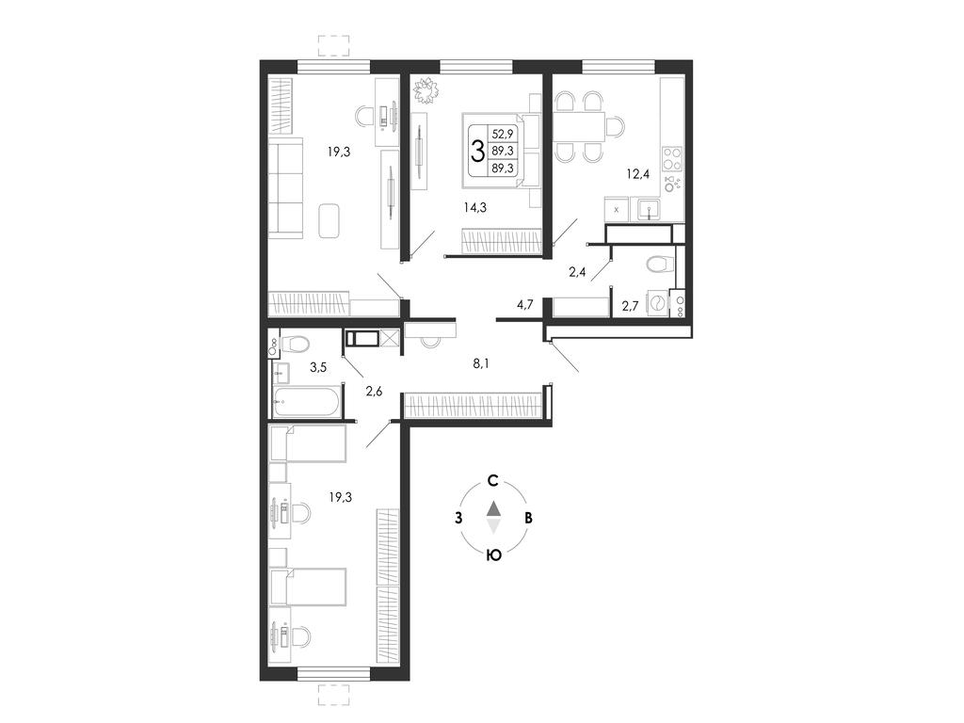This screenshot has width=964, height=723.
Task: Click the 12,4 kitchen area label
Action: [x=637, y=174]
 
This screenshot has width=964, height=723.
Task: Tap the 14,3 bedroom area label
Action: [x=475, y=208]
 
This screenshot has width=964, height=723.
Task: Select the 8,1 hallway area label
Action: [x=481, y=363]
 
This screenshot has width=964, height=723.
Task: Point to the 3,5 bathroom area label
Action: [x=318, y=368]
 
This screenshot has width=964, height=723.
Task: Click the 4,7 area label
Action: [x=524, y=304]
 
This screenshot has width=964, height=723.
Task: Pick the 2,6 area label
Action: [x=374, y=391]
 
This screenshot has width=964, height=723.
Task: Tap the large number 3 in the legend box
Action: [x=477, y=151]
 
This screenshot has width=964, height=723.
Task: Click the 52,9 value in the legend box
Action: [x=503, y=133]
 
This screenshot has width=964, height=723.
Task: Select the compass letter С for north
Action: [x=492, y=481]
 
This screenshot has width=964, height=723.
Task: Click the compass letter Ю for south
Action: [x=493, y=555]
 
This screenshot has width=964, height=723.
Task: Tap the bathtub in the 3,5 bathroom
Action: [x=306, y=402]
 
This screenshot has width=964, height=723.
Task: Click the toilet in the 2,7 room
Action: [x=659, y=265]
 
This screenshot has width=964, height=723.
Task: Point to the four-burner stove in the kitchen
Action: [x=672, y=159]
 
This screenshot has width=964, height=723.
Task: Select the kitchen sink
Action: [x=648, y=211]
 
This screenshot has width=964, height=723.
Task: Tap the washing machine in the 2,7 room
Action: [x=657, y=304]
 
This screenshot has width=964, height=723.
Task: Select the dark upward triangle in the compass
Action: [x=493, y=509]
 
